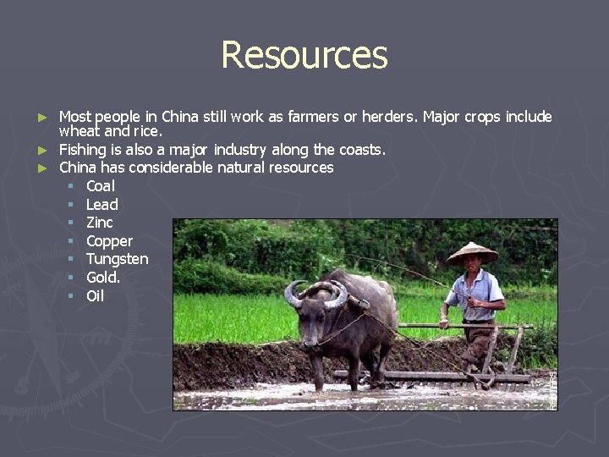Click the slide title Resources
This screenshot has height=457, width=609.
tap(304, 55)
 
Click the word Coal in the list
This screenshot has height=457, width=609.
tap(101, 186)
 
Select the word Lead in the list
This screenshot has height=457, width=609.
tap(101, 205)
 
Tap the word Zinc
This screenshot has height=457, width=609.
tap(99, 223)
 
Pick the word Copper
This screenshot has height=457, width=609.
tap(109, 241)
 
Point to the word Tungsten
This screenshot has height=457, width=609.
tap(117, 259)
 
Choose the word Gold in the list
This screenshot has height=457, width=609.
tap(101, 278)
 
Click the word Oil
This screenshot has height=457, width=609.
tap(95, 296)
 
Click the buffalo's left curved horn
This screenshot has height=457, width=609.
tap(292, 294)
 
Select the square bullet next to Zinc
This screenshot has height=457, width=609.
tap(72, 223)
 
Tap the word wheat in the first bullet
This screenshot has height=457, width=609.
tap(80, 132)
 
